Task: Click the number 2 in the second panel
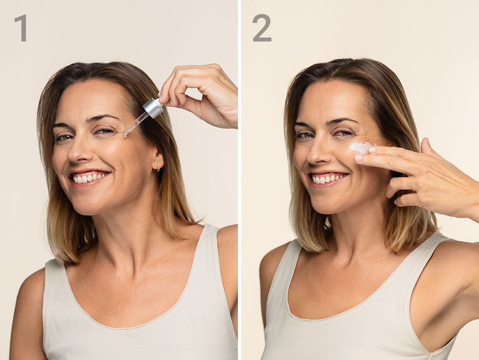[262, 28]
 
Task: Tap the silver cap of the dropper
[153, 108]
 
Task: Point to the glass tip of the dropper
[125, 135]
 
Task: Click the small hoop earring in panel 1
[158, 168]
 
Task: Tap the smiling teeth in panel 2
[327, 178]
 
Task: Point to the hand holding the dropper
[201, 96]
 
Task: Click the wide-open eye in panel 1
[64, 137]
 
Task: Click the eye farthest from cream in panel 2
[305, 135]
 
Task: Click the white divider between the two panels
[239, 180]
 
